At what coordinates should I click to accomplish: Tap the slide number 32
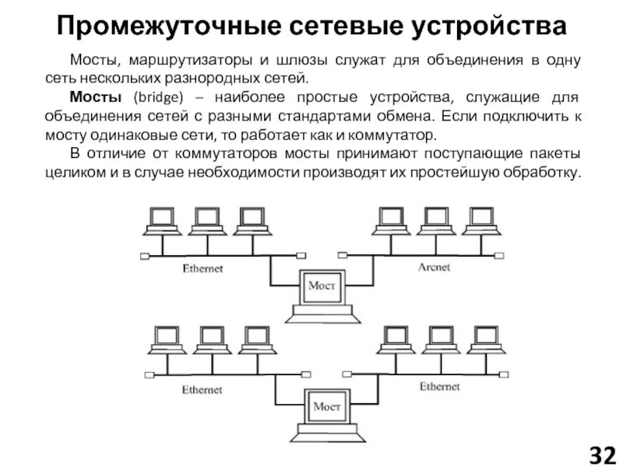tap(600, 453)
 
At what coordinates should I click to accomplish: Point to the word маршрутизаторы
tap(180, 61)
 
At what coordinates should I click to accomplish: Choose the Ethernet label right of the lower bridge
tap(439, 385)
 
